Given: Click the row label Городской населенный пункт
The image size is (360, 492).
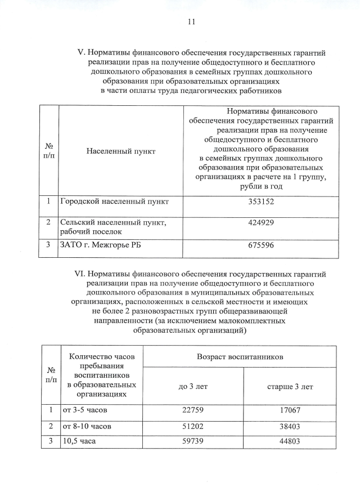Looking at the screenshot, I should [114, 201].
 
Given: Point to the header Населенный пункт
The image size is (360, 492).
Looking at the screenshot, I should [121, 151].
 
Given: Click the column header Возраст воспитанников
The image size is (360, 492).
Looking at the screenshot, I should [240, 357].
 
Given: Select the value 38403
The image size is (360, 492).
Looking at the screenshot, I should [290, 427].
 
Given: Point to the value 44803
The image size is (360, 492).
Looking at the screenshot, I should [290, 441].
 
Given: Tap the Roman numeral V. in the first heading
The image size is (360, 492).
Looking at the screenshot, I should [80, 53].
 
